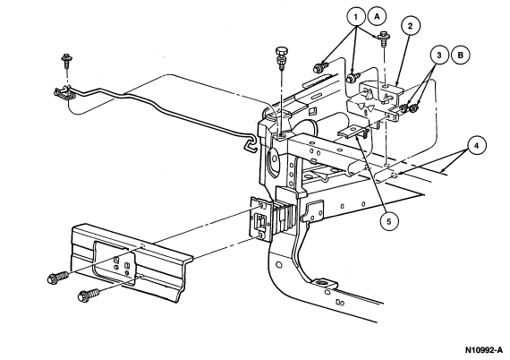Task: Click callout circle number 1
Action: pos(356,16)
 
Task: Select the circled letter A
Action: pos(378,16)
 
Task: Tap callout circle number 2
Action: pos(410,26)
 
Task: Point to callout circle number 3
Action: pos(439,55)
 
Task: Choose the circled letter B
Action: pos(461,55)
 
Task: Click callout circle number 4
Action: pos(476,146)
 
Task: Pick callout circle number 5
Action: pos(389,222)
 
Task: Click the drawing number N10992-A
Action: pos(484,350)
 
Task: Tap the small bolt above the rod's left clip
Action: pos(67,61)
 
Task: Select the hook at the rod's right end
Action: pos(251,143)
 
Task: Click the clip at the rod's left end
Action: pos(64,93)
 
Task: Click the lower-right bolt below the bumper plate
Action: pos(89,295)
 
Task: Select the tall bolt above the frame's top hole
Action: pos(281,59)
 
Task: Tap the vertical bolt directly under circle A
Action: pos(385,39)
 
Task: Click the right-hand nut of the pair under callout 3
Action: pos(414,109)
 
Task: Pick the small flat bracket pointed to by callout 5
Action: pos(353,133)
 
